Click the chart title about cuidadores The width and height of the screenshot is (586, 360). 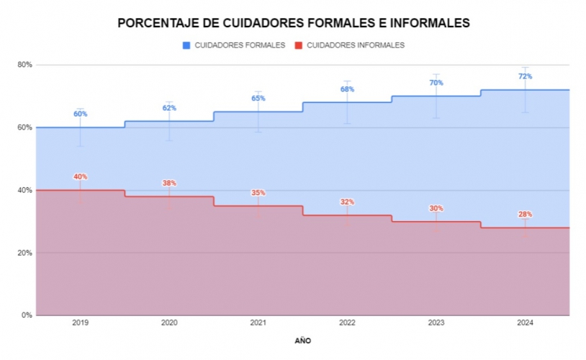pyautogui.click(x=293, y=23)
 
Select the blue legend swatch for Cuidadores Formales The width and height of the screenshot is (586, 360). pyautogui.click(x=186, y=45)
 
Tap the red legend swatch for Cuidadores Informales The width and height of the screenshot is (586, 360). pyautogui.click(x=298, y=45)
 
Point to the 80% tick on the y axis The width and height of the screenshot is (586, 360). pyautogui.click(x=25, y=65)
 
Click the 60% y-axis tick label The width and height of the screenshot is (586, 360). pyautogui.click(x=25, y=127)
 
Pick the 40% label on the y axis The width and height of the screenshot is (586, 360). pyautogui.click(x=25, y=190)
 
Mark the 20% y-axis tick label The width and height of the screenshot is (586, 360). pyautogui.click(x=25, y=253)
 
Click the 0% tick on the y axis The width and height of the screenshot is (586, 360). pyautogui.click(x=27, y=315)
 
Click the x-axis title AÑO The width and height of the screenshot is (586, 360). pyautogui.click(x=303, y=340)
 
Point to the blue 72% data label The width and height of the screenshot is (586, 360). pyautogui.click(x=525, y=76)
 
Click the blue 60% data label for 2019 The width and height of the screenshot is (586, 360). pyautogui.click(x=80, y=114)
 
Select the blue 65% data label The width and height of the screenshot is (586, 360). pyautogui.click(x=258, y=99)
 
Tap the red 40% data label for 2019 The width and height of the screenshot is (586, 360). pyautogui.click(x=80, y=177)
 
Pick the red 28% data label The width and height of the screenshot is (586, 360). pyautogui.click(x=525, y=215)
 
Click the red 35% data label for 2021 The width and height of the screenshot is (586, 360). pyautogui.click(x=258, y=192)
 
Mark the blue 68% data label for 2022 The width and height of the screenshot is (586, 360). pyautogui.click(x=347, y=89)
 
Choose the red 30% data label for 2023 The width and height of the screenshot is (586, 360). pyautogui.click(x=436, y=208)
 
